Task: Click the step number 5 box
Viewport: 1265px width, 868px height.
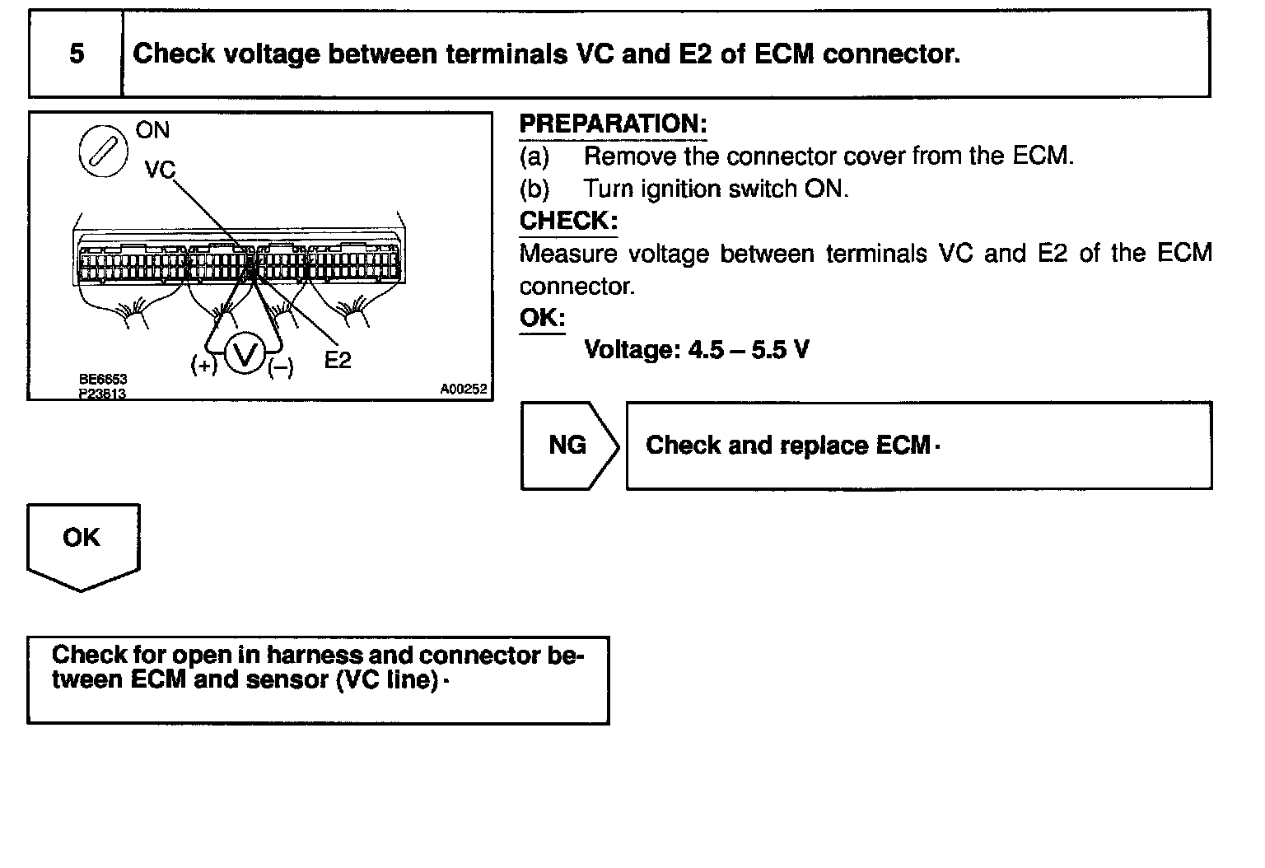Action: click(x=76, y=54)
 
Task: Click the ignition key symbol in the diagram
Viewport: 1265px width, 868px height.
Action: click(x=103, y=154)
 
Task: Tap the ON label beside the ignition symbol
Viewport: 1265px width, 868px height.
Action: click(x=152, y=130)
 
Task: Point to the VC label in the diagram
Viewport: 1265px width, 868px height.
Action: click(x=160, y=170)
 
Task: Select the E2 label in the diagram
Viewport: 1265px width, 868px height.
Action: click(x=338, y=360)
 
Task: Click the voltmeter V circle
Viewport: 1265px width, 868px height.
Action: click(x=245, y=355)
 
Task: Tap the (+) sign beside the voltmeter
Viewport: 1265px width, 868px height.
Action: click(x=203, y=365)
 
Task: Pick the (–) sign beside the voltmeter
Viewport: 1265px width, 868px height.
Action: click(x=281, y=368)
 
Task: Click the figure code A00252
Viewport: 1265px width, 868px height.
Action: click(x=463, y=389)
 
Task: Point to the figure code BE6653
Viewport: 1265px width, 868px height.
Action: click(x=103, y=379)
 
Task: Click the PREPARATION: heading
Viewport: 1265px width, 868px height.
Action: click(x=613, y=124)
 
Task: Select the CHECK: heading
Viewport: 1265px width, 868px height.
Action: click(x=568, y=221)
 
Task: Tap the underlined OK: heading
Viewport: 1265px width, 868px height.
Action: click(x=542, y=318)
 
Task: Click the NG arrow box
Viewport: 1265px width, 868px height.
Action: click(x=568, y=446)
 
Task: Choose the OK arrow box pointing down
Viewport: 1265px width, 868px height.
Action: click(x=82, y=544)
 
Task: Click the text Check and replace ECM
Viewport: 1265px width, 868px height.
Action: click(x=788, y=446)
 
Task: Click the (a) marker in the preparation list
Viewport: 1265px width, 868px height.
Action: click(x=534, y=156)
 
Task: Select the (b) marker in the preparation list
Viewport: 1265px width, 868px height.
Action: click(x=534, y=189)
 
